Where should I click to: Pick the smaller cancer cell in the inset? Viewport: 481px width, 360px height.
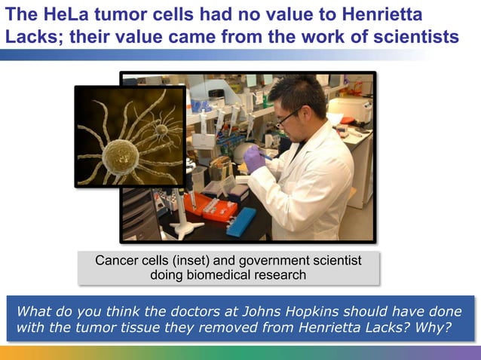point(161,129)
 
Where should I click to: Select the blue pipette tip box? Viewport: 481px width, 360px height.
point(241,220)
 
